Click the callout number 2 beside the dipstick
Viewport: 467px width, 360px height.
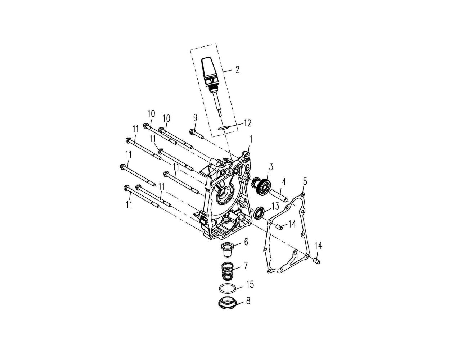click(237, 69)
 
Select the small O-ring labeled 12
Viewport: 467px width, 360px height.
click(223, 128)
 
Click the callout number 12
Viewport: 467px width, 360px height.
click(247, 123)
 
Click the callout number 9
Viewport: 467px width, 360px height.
click(195, 118)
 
